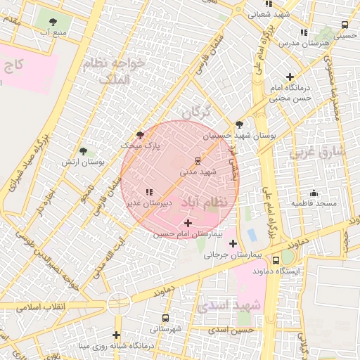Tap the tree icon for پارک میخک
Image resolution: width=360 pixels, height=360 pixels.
coord(139,135)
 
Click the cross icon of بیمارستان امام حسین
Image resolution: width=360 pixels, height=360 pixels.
coord(187,223)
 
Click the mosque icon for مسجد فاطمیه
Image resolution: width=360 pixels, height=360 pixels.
coord(314,193)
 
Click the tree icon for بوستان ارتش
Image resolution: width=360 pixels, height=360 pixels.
coord(84,151)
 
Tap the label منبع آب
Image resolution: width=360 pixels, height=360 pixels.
coord(53,33)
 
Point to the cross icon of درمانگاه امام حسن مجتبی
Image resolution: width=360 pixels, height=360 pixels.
coord(289,77)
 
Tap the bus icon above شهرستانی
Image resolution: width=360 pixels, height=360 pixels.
coord(165,319)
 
